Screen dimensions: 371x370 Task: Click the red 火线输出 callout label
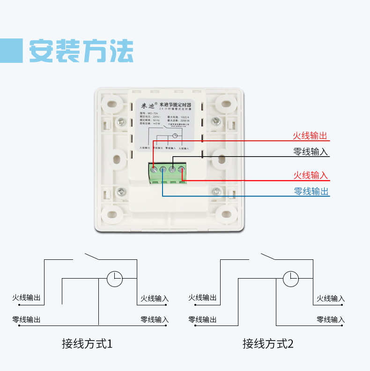[310, 136]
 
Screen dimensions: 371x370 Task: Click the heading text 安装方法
[81, 50]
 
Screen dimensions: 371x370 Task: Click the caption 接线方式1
[88, 343]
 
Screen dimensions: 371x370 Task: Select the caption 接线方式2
[268, 343]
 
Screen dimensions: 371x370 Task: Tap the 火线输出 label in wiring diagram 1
[26, 298]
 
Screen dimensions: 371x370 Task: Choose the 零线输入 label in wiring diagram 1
[155, 319]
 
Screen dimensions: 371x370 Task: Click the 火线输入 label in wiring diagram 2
[331, 298]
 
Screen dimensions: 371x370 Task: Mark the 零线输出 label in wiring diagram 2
[202, 319]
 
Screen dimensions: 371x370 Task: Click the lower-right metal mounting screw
[216, 191]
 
